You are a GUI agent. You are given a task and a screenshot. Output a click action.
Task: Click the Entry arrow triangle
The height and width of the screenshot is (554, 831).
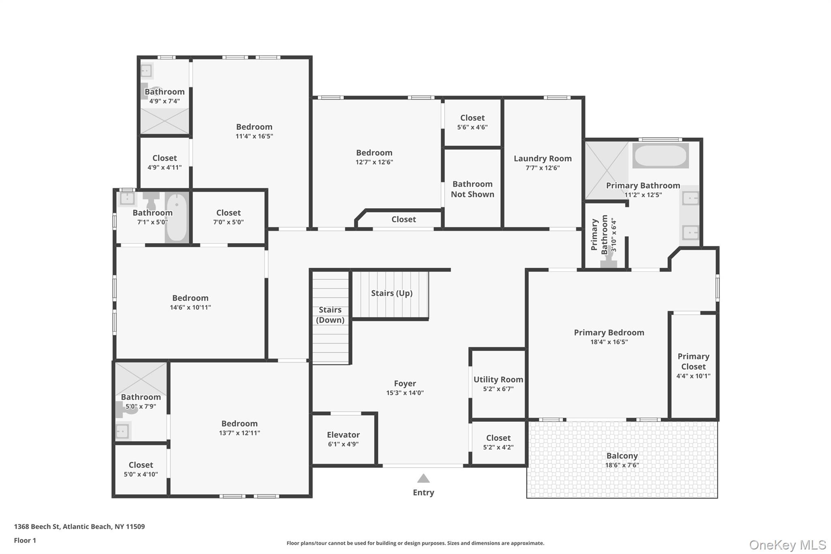[423, 479]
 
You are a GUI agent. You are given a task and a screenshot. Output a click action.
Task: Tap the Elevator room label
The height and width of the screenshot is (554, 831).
[343, 435]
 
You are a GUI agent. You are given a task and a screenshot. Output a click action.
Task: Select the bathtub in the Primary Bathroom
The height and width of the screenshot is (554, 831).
[660, 156]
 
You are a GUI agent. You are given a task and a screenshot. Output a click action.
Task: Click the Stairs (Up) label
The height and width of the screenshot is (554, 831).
[392, 293]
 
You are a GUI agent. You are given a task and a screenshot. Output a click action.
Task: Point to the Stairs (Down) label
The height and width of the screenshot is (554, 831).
[330, 315]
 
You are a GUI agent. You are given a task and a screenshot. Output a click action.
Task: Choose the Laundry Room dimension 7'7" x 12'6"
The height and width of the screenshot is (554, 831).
[543, 168]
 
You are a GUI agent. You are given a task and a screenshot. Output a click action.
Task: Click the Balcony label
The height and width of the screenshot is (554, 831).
[622, 456]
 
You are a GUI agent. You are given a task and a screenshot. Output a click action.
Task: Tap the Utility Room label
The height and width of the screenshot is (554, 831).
[498, 379]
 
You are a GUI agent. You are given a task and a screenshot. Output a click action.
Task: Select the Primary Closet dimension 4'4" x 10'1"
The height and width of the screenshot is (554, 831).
[693, 376]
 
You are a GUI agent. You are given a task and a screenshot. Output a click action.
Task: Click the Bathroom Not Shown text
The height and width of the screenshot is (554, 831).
[472, 189]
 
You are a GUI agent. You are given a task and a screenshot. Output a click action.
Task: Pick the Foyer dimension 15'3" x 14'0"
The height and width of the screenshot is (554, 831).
[405, 393]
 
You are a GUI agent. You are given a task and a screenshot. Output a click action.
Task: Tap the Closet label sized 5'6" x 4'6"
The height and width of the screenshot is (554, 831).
[472, 118]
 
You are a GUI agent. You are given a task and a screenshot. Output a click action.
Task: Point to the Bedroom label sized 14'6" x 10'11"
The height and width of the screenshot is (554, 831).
[190, 298]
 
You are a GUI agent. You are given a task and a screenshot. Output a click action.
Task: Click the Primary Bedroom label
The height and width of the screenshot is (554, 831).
[609, 332]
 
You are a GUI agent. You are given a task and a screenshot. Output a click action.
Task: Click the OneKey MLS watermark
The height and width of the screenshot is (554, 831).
[787, 545]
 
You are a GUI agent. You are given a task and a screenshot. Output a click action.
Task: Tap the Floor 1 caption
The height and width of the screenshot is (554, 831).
[25, 540]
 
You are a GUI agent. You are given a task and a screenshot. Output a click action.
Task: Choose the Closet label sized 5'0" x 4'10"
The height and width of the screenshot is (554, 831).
[141, 465]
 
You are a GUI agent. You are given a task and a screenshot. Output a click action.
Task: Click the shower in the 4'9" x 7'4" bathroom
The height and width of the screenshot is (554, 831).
[164, 121]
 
